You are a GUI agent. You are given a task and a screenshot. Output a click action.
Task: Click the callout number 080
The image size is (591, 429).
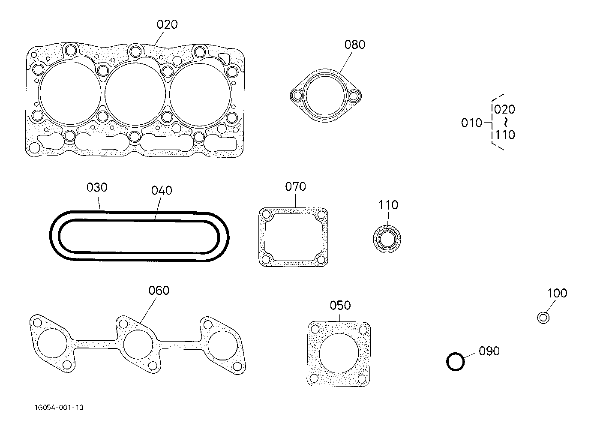point(354,45)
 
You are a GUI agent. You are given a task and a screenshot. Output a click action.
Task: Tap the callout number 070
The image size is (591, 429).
point(295,186)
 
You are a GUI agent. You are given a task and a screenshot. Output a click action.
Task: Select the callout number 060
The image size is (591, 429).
point(159,291)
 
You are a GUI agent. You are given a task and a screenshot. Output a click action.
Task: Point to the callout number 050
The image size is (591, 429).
point(340,305)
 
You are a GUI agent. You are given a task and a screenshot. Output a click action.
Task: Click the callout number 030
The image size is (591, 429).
point(97,187)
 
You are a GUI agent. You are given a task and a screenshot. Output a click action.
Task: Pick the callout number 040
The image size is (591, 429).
point(162,190)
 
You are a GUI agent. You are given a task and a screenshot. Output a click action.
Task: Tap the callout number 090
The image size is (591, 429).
point(489,351)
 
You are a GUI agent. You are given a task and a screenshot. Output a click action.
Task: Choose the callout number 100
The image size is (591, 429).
point(557,293)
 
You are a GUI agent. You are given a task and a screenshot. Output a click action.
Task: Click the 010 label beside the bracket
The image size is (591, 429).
point(471,123)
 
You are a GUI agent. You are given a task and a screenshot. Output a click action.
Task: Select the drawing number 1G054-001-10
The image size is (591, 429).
point(59,408)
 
